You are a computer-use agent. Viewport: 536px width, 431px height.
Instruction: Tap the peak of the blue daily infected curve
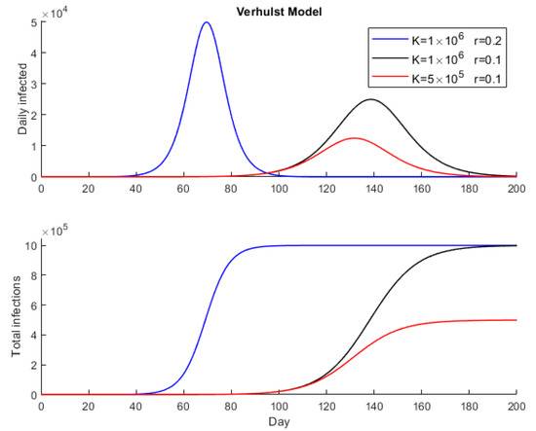point(207,22)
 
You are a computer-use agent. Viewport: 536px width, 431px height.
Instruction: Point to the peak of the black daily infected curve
point(371,99)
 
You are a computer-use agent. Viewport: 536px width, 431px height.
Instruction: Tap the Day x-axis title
point(279,422)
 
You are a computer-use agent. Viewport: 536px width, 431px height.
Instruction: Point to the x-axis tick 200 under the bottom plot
point(516,407)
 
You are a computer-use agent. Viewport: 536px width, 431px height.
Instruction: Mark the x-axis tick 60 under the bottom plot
point(183,407)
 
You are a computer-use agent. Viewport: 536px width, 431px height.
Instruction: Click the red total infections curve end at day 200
point(516,320)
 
